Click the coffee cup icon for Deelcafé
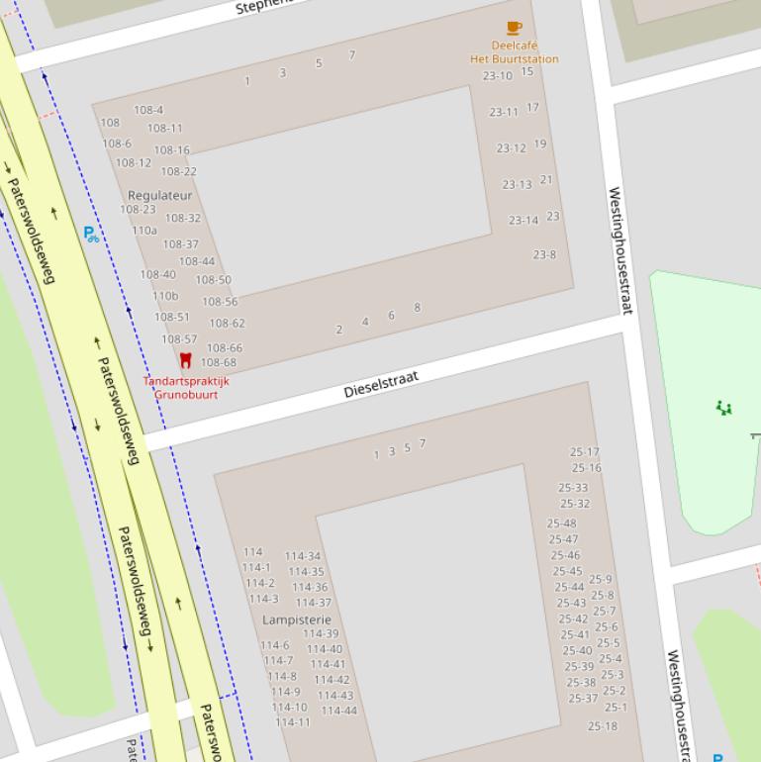[x=514, y=28]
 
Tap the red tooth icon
[x=185, y=360]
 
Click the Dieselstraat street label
[x=381, y=384]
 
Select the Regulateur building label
[x=160, y=195]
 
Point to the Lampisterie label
[x=297, y=619]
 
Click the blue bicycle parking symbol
[x=91, y=235]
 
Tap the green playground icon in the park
[x=724, y=408]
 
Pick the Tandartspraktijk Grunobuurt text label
[x=186, y=387]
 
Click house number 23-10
[x=498, y=76]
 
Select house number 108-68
[x=219, y=362]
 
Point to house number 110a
[x=144, y=231]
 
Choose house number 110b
[x=165, y=296]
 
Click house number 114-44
[x=339, y=711]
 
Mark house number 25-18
[x=603, y=726]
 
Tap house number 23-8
[x=544, y=254]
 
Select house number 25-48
[x=562, y=524]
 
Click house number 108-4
[x=148, y=110]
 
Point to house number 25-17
[x=585, y=452]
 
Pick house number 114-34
[x=303, y=556]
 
